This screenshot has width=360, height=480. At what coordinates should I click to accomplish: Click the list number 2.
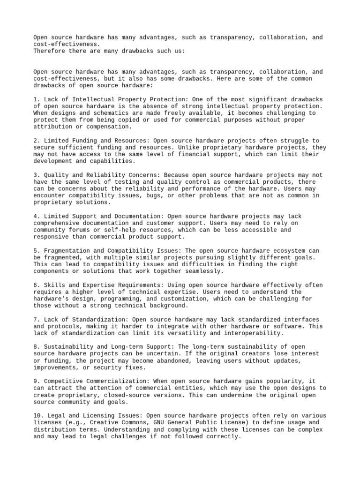tap(35, 140)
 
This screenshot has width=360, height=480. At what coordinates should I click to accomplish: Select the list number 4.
tap(35, 216)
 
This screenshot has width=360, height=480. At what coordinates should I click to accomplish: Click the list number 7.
tap(35, 319)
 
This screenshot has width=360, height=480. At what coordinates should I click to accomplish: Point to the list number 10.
tap(37, 416)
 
